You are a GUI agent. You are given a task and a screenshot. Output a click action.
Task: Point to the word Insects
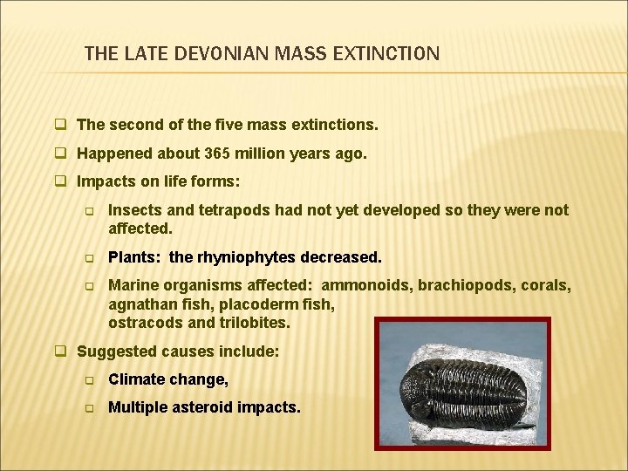click(x=133, y=210)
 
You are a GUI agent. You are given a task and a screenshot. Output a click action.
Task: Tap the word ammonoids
click(x=364, y=285)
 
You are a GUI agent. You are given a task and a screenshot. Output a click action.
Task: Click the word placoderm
click(x=257, y=304)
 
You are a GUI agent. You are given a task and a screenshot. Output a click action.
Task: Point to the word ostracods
click(x=142, y=322)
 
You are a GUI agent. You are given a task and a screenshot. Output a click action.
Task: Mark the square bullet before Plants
click(x=88, y=258)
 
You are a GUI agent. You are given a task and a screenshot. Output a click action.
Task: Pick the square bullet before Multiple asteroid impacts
click(x=88, y=407)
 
